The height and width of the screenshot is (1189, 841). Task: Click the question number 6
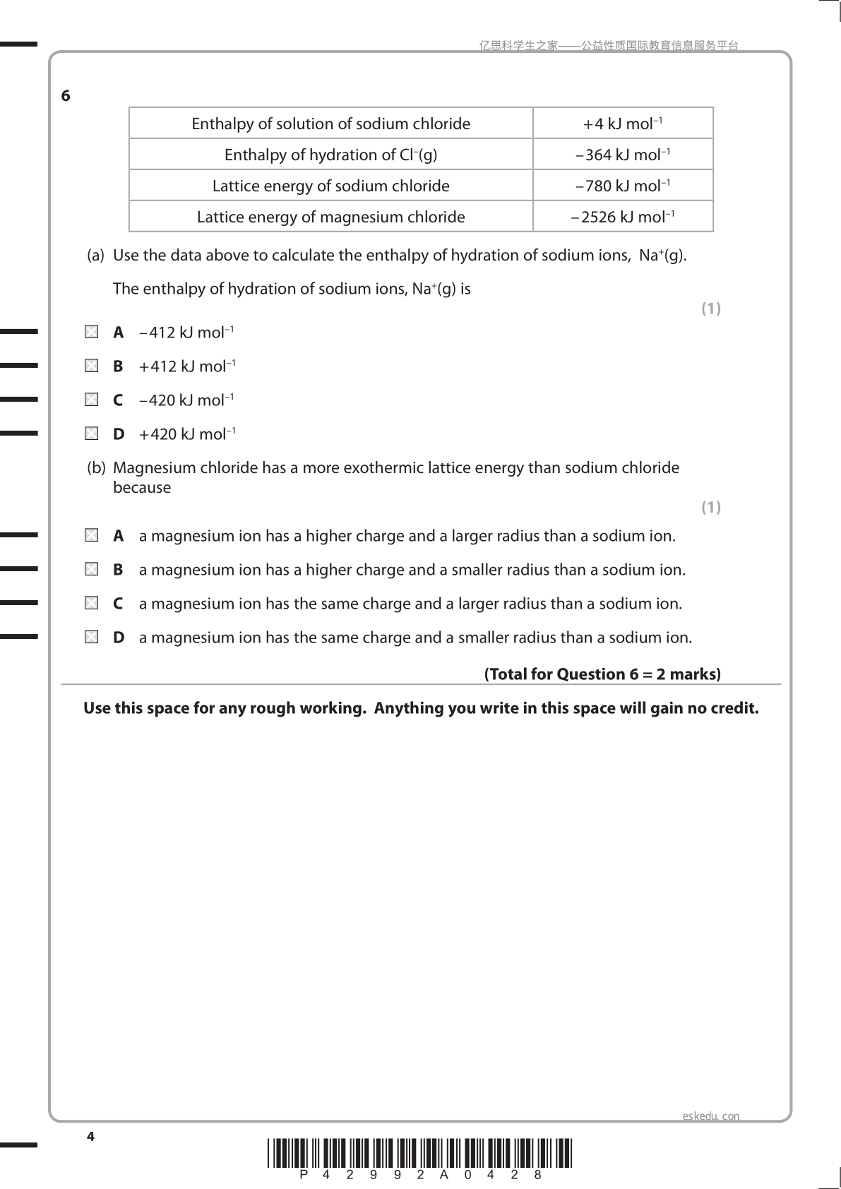pyautogui.click(x=66, y=96)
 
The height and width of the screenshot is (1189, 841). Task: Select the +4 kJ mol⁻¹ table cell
pyautogui.click(x=623, y=124)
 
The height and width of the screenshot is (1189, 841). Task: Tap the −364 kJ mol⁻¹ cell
pyautogui.click(x=623, y=155)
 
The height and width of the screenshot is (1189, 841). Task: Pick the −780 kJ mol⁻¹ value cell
pyautogui.click(x=623, y=186)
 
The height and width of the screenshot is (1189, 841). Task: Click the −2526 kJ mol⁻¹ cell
pyautogui.click(x=623, y=217)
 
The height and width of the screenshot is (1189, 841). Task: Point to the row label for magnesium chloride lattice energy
pyautogui.click(x=330, y=217)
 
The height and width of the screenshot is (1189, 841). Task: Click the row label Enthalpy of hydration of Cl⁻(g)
pyautogui.click(x=330, y=155)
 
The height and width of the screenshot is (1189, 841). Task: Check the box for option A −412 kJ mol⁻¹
pyautogui.click(x=92, y=332)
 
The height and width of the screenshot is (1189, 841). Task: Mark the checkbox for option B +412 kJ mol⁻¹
pyautogui.click(x=92, y=366)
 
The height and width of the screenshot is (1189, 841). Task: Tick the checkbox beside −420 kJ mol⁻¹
pyautogui.click(x=92, y=400)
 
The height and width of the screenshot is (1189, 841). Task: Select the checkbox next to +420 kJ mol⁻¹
pyautogui.click(x=92, y=434)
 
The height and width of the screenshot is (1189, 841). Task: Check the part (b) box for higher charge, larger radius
pyautogui.click(x=92, y=536)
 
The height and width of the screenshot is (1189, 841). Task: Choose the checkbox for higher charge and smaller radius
pyautogui.click(x=92, y=569)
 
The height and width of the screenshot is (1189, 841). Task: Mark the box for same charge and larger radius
pyautogui.click(x=92, y=603)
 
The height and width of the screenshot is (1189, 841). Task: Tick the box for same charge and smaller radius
pyautogui.click(x=92, y=637)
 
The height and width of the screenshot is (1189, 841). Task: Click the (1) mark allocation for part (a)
pyautogui.click(x=710, y=309)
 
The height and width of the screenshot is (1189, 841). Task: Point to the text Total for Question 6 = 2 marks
pyautogui.click(x=602, y=674)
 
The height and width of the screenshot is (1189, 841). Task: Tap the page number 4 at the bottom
pyautogui.click(x=90, y=1137)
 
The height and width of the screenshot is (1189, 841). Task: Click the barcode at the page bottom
pyautogui.click(x=420, y=1153)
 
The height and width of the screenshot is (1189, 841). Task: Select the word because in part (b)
pyautogui.click(x=142, y=488)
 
